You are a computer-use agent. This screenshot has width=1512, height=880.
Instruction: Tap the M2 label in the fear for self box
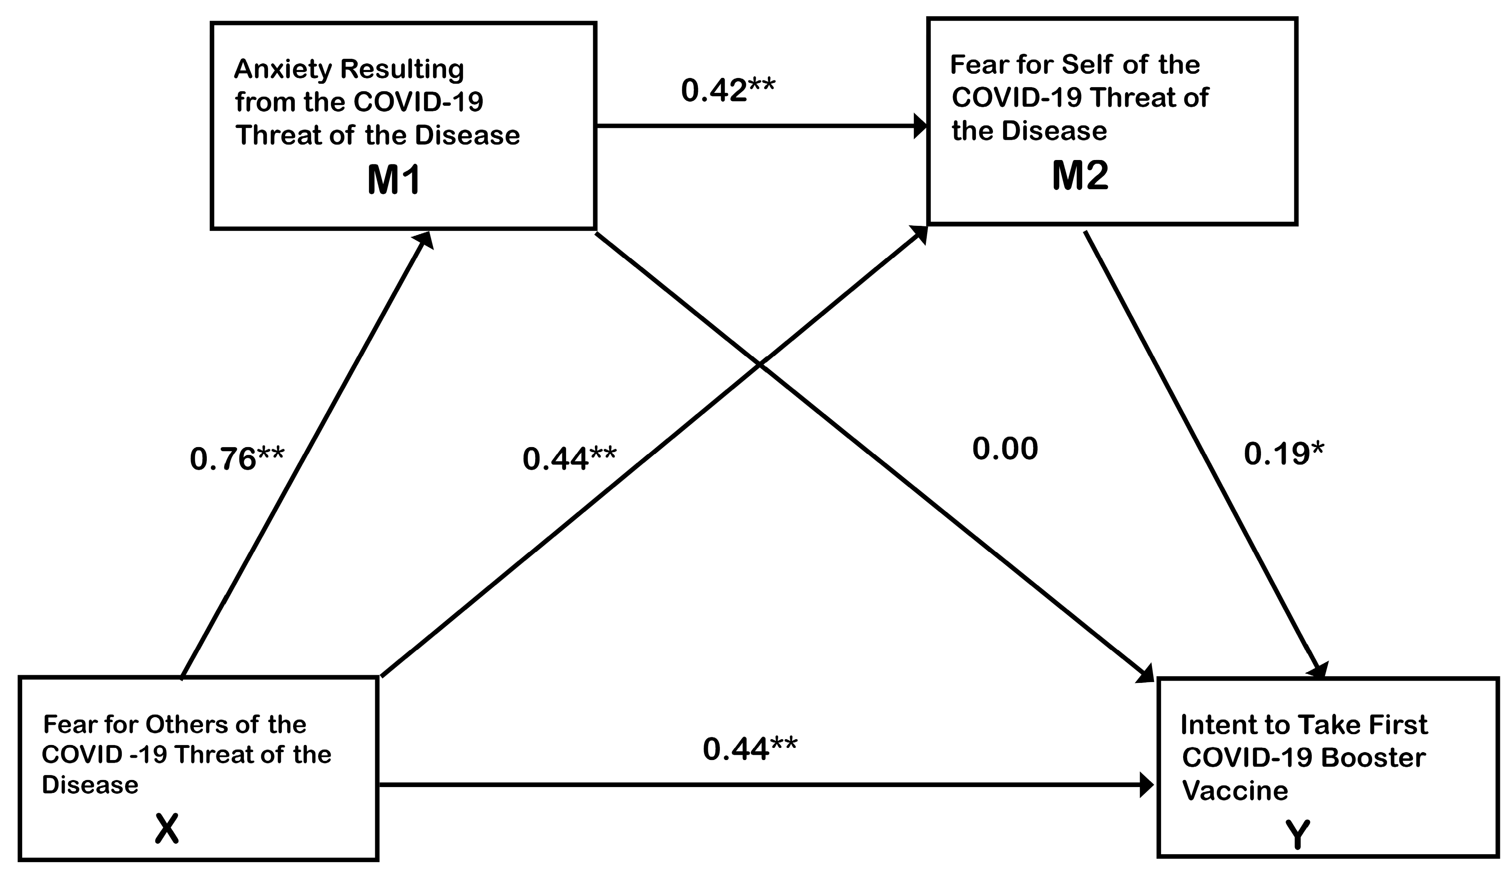click(x=1080, y=176)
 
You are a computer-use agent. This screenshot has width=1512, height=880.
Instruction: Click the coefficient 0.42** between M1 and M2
click(x=728, y=90)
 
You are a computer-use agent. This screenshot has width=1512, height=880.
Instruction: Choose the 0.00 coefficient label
click(x=1005, y=449)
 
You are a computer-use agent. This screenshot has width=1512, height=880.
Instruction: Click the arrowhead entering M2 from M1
click(x=920, y=126)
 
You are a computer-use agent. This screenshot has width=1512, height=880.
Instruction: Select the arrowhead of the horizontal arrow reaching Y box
click(x=1146, y=784)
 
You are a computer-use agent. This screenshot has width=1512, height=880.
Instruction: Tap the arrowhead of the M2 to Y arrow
click(x=1319, y=671)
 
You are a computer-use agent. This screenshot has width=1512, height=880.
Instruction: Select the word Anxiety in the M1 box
click(x=282, y=70)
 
